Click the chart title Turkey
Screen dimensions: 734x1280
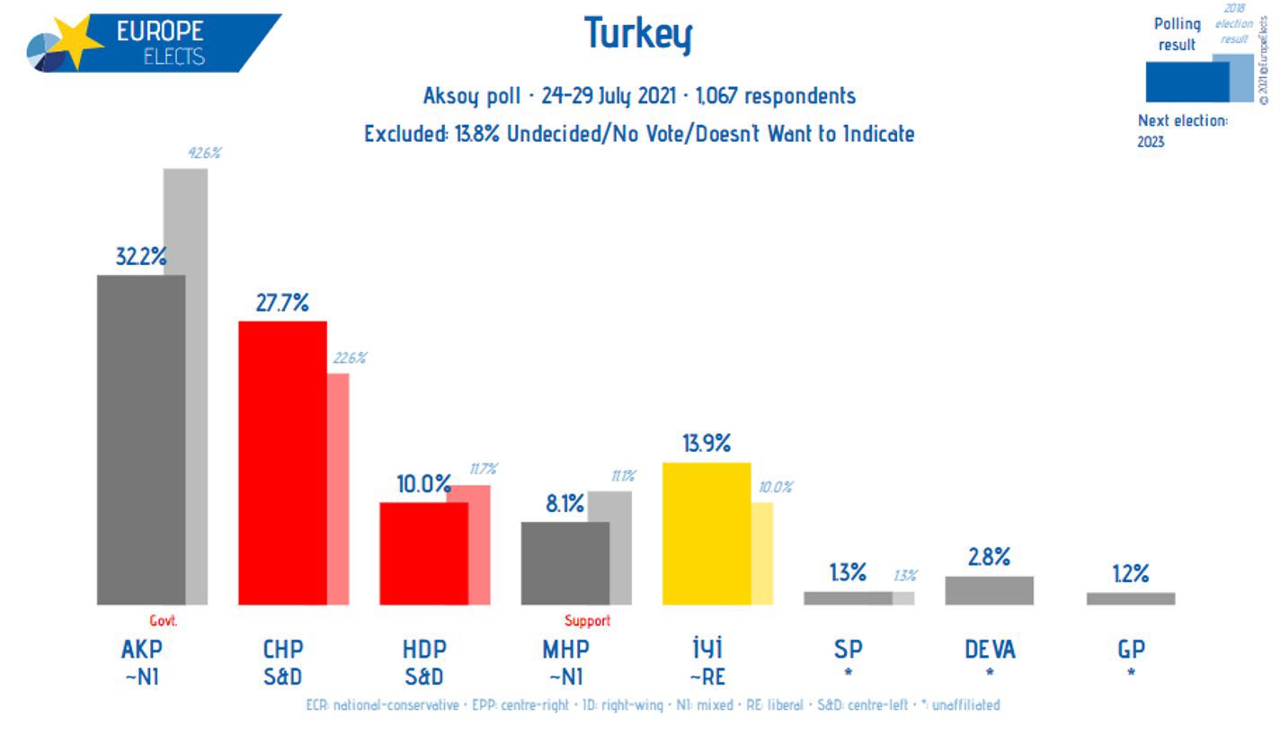point(638,34)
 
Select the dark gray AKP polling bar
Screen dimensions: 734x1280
point(140,439)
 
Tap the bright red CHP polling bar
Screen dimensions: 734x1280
point(281,463)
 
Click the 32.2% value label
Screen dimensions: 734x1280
point(141,257)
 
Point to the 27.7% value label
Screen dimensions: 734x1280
point(282,304)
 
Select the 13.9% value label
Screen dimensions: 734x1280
point(707,443)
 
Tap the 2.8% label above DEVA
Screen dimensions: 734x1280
point(989,557)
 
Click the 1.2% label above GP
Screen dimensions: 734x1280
point(1130,574)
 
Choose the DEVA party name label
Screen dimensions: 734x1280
point(990,649)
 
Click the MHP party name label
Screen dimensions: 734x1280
point(565,649)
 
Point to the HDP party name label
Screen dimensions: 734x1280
point(424,649)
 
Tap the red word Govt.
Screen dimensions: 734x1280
point(164,621)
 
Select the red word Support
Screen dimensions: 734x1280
point(587,621)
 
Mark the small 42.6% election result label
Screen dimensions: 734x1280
point(204,153)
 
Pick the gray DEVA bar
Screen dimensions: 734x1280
point(989,590)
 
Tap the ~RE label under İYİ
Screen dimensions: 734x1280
point(707,675)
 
